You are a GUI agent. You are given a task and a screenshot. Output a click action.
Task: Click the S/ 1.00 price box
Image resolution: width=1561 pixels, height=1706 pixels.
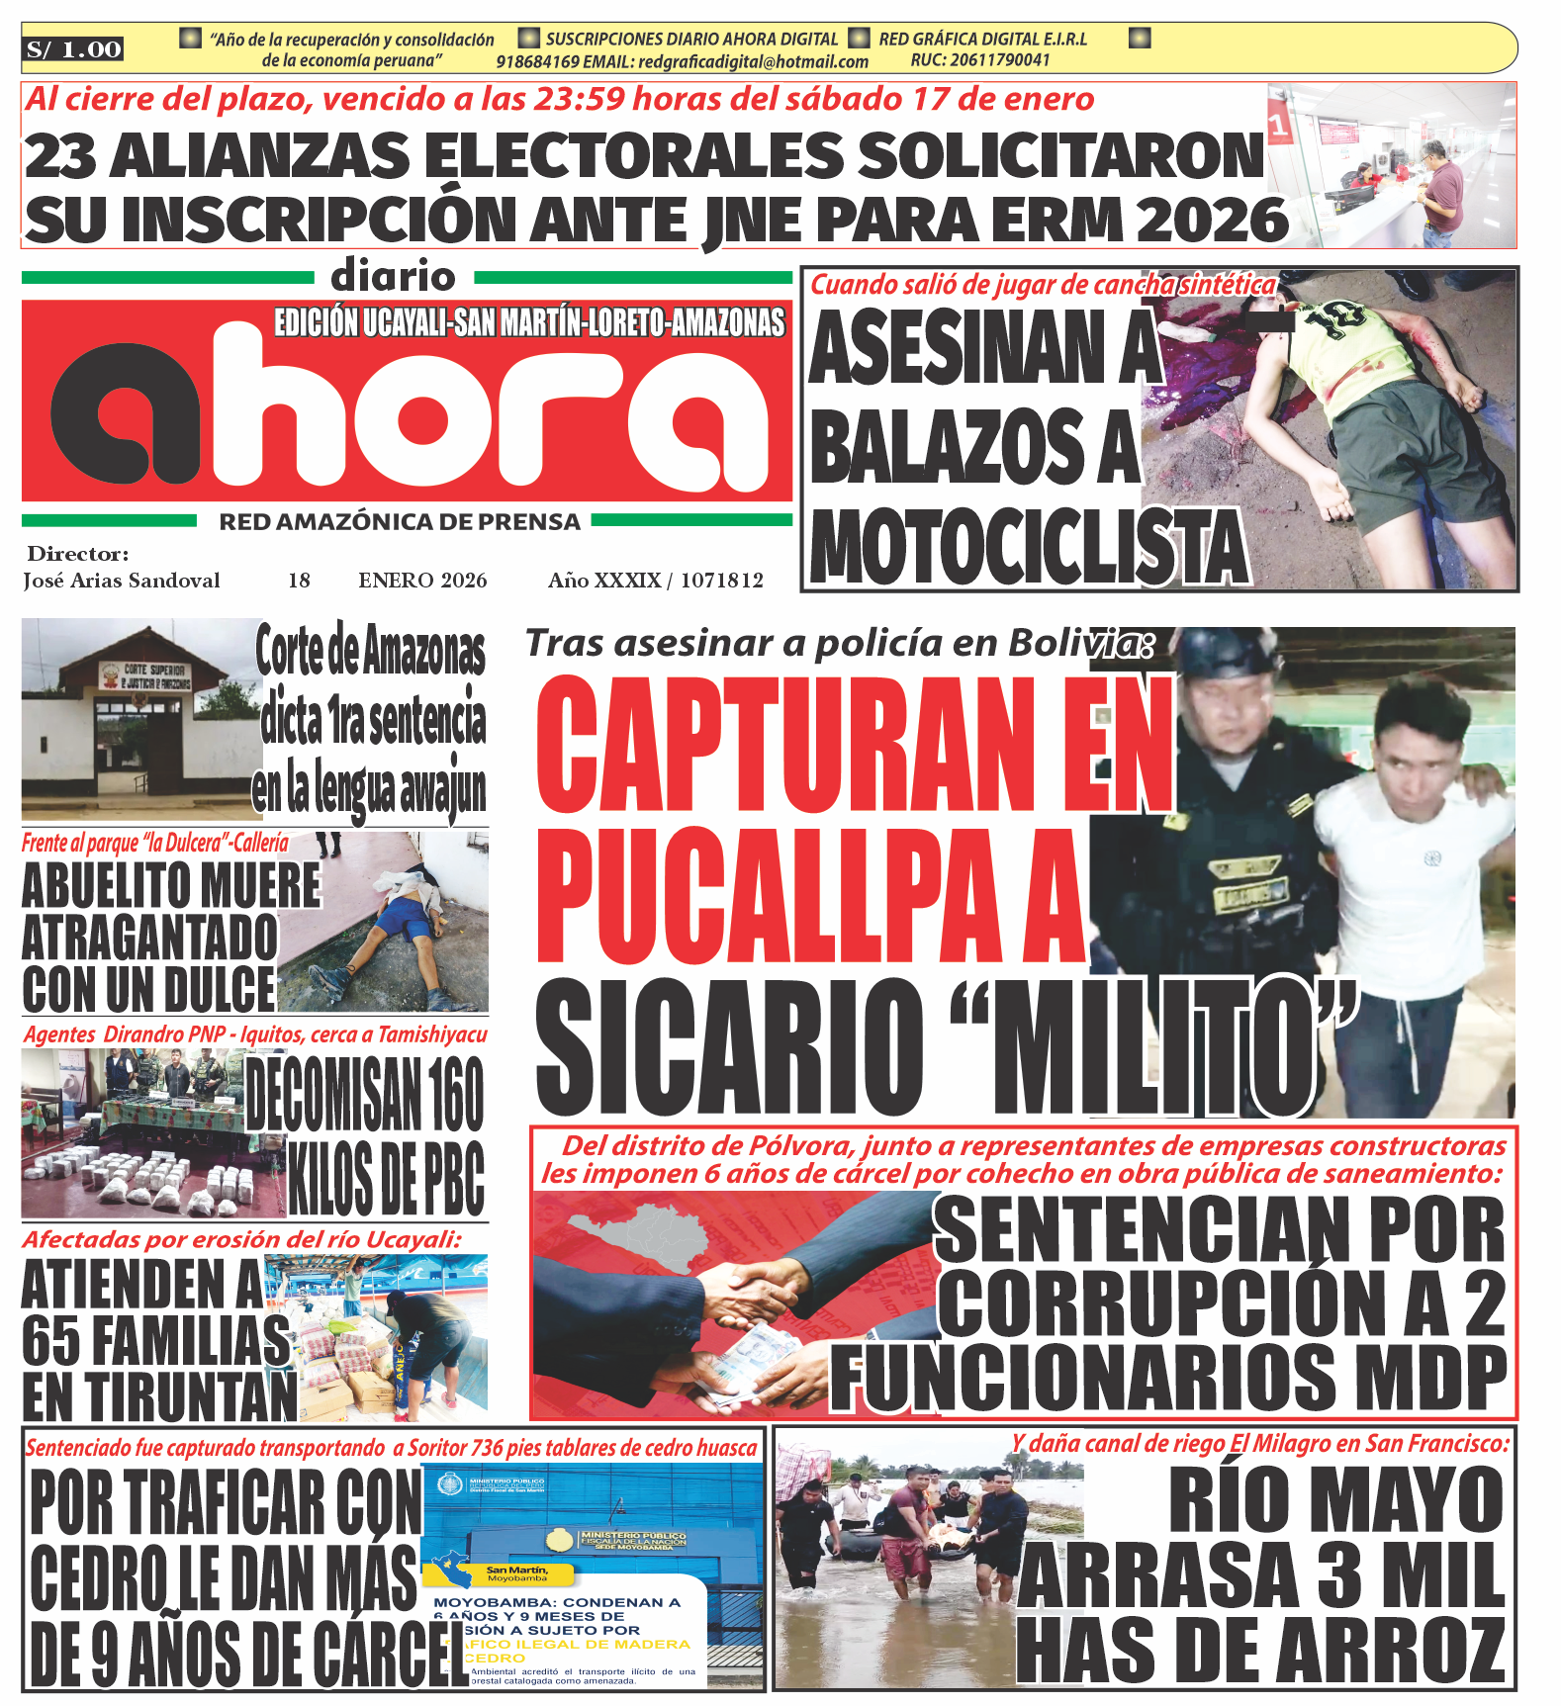coord(73,49)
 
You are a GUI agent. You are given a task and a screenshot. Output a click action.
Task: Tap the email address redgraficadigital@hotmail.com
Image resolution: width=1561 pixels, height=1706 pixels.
coord(753,62)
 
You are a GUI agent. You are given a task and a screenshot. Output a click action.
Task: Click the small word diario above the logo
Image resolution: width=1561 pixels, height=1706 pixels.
coord(393,276)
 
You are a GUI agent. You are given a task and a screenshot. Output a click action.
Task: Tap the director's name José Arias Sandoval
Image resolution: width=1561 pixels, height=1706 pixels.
coord(122,581)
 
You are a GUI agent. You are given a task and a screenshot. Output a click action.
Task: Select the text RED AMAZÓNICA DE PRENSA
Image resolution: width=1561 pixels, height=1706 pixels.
coord(400,522)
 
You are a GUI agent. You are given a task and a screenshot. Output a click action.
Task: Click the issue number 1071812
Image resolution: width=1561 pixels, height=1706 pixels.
coord(721,581)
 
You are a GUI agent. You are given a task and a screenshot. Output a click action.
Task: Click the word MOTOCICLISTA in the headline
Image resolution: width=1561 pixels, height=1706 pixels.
coord(1029,549)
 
